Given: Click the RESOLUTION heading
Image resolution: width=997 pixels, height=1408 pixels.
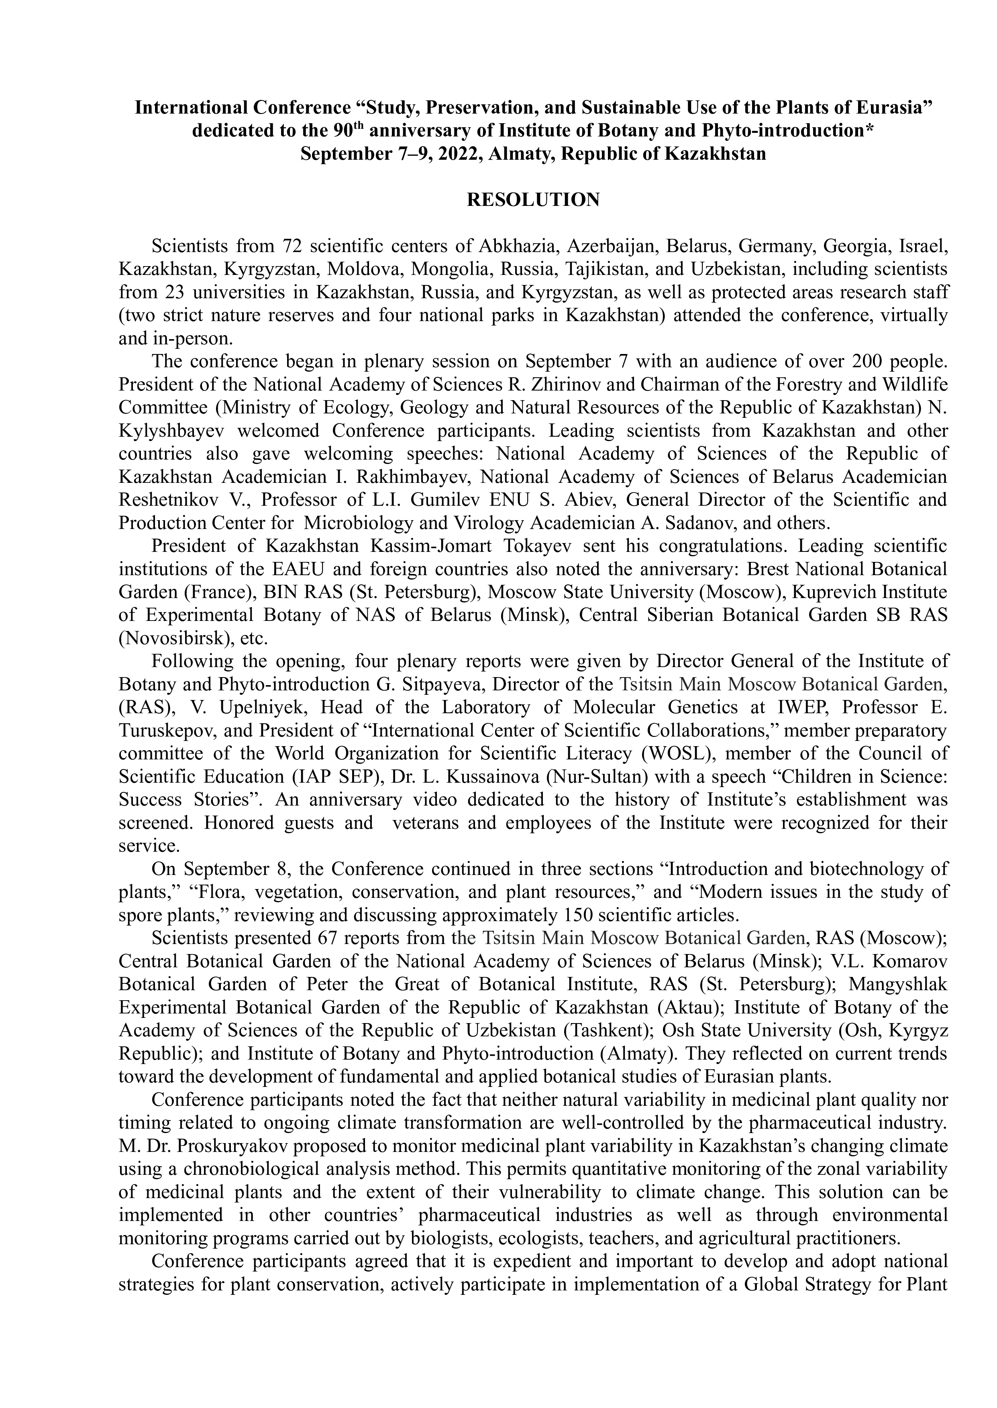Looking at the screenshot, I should point(533,200).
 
